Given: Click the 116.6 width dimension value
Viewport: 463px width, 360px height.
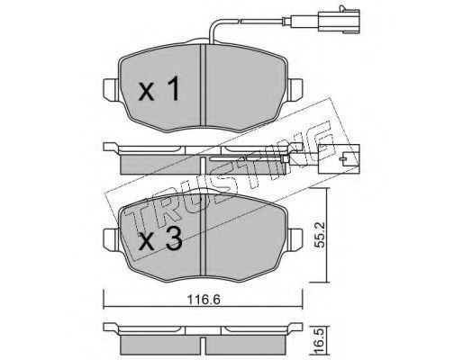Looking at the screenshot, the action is point(204,300).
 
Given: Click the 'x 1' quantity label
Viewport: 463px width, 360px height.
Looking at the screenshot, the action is point(159,88).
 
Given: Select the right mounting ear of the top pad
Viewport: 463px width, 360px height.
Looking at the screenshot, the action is point(295,90).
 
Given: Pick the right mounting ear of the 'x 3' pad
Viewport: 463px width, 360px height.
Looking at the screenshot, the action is point(295,239).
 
